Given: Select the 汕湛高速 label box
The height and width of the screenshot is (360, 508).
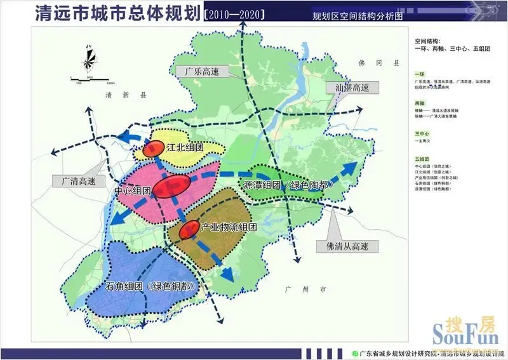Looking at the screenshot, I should tap(347, 88).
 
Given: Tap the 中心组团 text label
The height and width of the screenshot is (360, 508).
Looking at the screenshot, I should tap(132, 190).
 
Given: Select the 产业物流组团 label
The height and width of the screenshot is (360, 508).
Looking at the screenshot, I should tap(229, 227).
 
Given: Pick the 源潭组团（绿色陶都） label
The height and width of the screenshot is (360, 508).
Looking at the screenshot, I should tap(289, 185).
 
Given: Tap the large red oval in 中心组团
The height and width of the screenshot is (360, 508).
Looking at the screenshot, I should tap(171, 187).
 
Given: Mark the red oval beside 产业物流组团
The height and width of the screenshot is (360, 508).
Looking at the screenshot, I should tap(189, 230).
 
